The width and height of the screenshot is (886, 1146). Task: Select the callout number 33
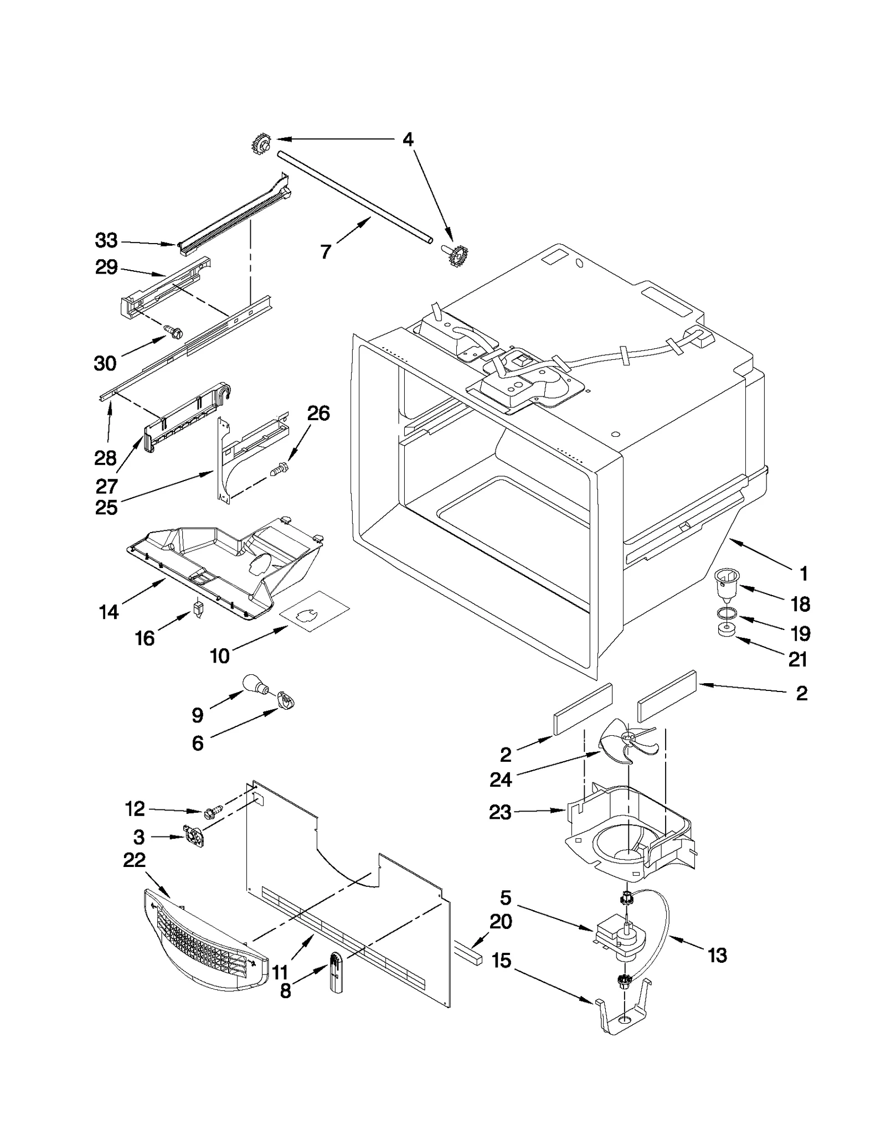106,241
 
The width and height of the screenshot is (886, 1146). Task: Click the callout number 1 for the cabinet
803,574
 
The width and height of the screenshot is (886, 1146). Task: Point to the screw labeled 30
173,331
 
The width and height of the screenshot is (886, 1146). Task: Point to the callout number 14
109,612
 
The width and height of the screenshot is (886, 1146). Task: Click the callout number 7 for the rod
326,252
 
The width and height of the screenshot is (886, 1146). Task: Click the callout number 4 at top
408,140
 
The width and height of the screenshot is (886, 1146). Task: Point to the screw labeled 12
213,812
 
